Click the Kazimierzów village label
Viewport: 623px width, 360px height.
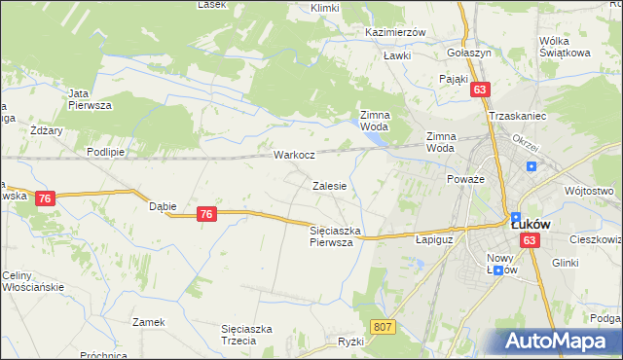click(396, 32)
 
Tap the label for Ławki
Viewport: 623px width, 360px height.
click(396, 55)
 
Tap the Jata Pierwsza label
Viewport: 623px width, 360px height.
click(91, 98)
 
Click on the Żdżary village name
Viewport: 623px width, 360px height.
click(47, 129)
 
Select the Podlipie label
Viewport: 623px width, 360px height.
click(104, 152)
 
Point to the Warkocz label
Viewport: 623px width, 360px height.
click(293, 155)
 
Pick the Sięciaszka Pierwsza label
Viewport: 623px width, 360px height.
click(336, 236)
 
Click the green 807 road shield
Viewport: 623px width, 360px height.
click(383, 328)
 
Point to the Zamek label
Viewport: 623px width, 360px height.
click(149, 321)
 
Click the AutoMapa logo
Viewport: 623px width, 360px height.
click(563, 342)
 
